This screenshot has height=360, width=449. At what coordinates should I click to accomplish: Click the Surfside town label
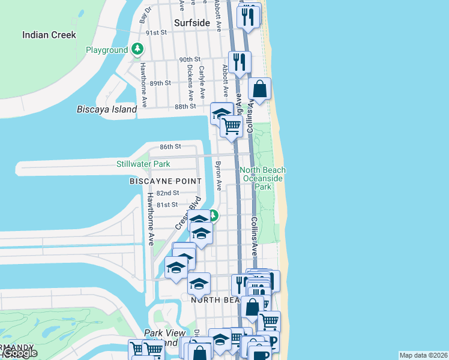[x=192, y=23]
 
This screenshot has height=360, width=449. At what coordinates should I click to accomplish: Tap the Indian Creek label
[x=49, y=35]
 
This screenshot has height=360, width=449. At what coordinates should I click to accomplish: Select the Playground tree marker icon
[x=138, y=49]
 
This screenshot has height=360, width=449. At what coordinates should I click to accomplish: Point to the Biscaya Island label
[x=107, y=109]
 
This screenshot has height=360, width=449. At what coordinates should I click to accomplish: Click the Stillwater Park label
[x=143, y=164]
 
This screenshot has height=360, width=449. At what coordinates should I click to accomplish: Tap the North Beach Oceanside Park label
[x=263, y=178]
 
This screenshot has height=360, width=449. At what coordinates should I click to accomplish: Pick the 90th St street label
[x=189, y=59]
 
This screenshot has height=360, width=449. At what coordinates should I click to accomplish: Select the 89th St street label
[x=160, y=83]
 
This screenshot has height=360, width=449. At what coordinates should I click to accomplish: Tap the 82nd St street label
[x=167, y=193]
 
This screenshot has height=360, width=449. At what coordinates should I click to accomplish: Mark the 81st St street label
[x=167, y=205]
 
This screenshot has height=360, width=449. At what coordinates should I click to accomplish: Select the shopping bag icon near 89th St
[x=259, y=89]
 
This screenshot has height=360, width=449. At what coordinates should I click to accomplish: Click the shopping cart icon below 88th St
[x=231, y=126]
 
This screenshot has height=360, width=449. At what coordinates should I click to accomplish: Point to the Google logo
[x=20, y=353]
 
